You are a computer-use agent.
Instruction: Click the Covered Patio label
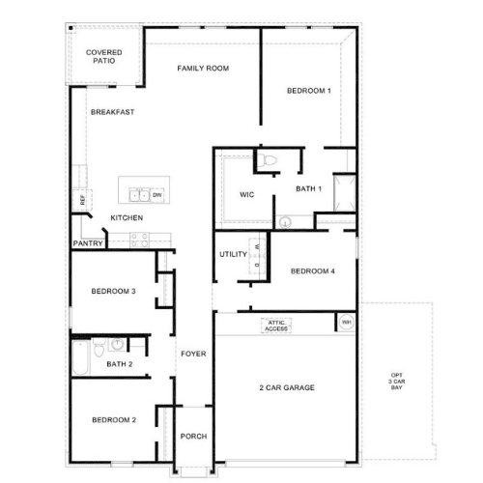[x=104, y=56]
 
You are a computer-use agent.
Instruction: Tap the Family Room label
[x=203, y=69]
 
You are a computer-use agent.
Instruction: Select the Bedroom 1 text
[x=309, y=91]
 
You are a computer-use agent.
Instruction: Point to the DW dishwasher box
[x=157, y=195]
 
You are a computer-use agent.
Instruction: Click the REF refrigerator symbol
[x=82, y=200]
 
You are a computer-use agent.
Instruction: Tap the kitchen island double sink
[x=139, y=195]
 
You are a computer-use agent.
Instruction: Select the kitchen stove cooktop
[x=139, y=241]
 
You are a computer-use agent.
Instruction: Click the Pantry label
[x=88, y=243]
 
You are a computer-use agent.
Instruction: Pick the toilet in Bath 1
[x=267, y=160]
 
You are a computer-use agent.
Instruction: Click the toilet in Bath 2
[x=99, y=347]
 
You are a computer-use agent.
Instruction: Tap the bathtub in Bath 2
[x=80, y=357]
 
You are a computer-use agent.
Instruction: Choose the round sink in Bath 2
[x=117, y=344]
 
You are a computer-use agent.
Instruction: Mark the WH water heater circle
[x=347, y=322]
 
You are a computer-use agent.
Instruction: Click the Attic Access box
[x=276, y=326]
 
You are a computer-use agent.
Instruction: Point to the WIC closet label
[x=247, y=195]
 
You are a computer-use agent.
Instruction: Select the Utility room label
[x=233, y=254]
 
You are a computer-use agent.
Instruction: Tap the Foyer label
[x=193, y=354]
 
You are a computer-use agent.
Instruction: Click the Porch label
[x=193, y=437]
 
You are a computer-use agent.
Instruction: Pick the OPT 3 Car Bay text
[x=397, y=382]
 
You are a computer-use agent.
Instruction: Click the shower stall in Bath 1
[x=345, y=193]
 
